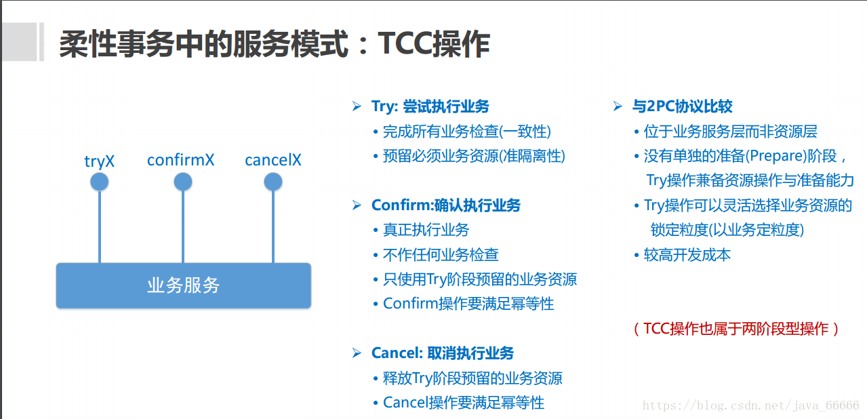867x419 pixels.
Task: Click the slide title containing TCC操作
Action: tap(274, 45)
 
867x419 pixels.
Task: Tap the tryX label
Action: tap(100, 161)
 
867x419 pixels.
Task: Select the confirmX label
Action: tap(181, 161)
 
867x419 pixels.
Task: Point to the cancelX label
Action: tap(273, 161)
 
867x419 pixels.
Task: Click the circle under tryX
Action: tap(100, 182)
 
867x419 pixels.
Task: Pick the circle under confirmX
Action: tap(183, 182)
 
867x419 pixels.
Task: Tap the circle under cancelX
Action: tap(273, 182)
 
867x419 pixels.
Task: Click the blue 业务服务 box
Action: tap(183, 285)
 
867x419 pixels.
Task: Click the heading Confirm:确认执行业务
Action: tap(446, 205)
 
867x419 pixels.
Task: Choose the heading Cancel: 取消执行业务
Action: tap(443, 353)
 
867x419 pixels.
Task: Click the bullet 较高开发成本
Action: tap(687, 255)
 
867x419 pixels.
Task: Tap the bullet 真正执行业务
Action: tap(426, 230)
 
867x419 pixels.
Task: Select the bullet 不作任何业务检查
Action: tap(441, 254)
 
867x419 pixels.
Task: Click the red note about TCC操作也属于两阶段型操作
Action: tap(736, 329)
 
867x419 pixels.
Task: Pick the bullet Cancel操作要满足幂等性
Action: tap(464, 403)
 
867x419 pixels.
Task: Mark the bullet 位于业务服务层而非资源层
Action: tap(731, 132)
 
